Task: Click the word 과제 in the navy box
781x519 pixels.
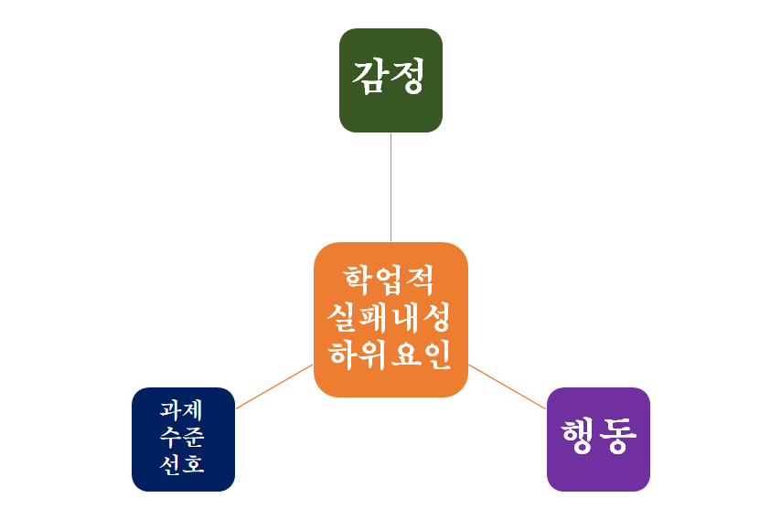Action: click(x=182, y=408)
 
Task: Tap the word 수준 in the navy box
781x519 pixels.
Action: click(x=182, y=437)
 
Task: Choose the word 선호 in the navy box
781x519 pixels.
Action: click(x=182, y=464)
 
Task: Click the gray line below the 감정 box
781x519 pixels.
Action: click(x=390, y=187)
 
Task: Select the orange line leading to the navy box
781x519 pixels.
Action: click(x=274, y=386)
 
